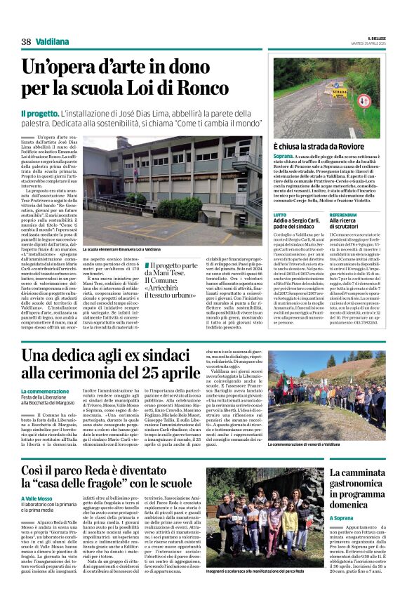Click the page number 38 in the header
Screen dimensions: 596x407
coord(26,42)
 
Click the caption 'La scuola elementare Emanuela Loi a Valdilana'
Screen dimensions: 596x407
coord(121,249)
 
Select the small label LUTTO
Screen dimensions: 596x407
coord(279,214)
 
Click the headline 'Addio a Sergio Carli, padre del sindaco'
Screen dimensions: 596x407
coord(298,224)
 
